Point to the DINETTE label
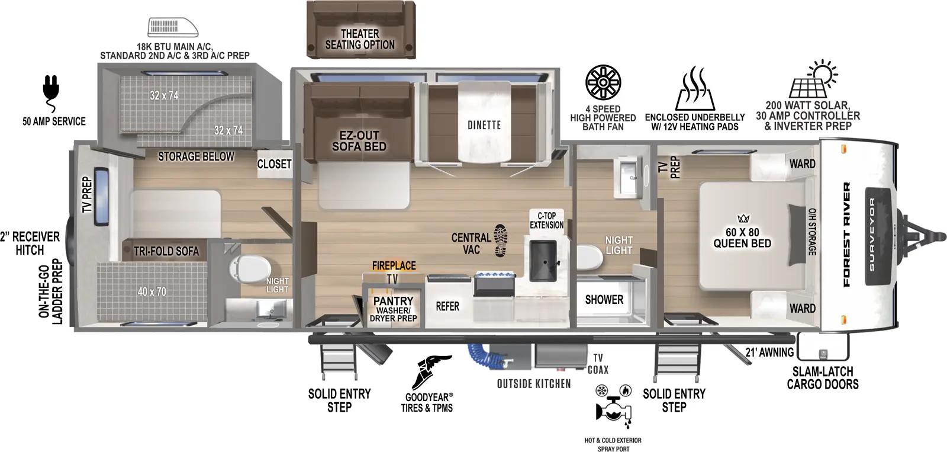[x=484, y=125]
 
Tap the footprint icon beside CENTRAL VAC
[x=501, y=241]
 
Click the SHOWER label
[x=604, y=300]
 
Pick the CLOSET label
[x=274, y=164]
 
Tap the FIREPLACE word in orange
[x=394, y=266]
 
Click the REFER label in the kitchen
[x=447, y=306]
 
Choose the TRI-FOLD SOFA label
[x=166, y=251]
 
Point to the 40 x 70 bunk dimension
[x=152, y=291]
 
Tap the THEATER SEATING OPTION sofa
[x=360, y=27]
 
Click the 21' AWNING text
[x=769, y=352]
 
